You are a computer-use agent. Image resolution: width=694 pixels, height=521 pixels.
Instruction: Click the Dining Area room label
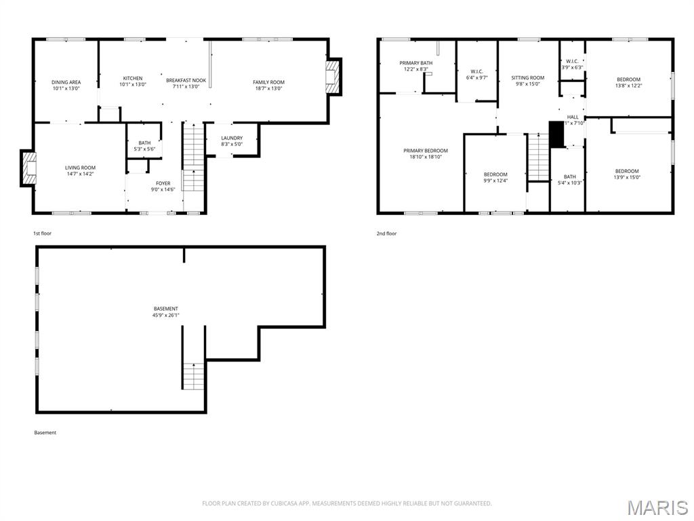[x=66, y=82]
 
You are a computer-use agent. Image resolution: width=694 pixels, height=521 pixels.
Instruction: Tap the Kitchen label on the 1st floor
[x=132, y=78]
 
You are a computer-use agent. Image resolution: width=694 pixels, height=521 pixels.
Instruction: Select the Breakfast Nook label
[x=186, y=80]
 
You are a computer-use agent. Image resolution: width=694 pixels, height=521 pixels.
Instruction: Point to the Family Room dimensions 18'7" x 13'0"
[x=269, y=88]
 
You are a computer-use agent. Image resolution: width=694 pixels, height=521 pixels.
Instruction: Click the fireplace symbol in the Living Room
[x=29, y=168]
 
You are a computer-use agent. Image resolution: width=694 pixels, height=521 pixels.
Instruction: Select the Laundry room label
[x=231, y=138]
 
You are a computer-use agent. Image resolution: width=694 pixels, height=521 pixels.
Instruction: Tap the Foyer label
[x=163, y=183]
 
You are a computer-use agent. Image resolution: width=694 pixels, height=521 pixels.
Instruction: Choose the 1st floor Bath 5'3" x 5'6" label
[x=144, y=142]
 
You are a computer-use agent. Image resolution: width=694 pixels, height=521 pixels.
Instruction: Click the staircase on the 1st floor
[x=193, y=156]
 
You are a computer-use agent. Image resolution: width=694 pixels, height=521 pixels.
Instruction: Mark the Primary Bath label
[x=415, y=63]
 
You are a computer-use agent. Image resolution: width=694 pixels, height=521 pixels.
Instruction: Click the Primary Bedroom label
[x=426, y=151]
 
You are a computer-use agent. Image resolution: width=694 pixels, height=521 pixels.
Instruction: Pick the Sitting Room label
[x=527, y=78]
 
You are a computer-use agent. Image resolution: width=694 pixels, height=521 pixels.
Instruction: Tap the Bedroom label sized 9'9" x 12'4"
[x=495, y=174]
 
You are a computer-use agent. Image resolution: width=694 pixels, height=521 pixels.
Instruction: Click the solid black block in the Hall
[x=556, y=134]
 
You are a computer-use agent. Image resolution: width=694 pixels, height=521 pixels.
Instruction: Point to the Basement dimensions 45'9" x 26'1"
[x=166, y=315]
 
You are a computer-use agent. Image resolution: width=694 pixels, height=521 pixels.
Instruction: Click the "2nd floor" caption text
[x=386, y=233]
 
